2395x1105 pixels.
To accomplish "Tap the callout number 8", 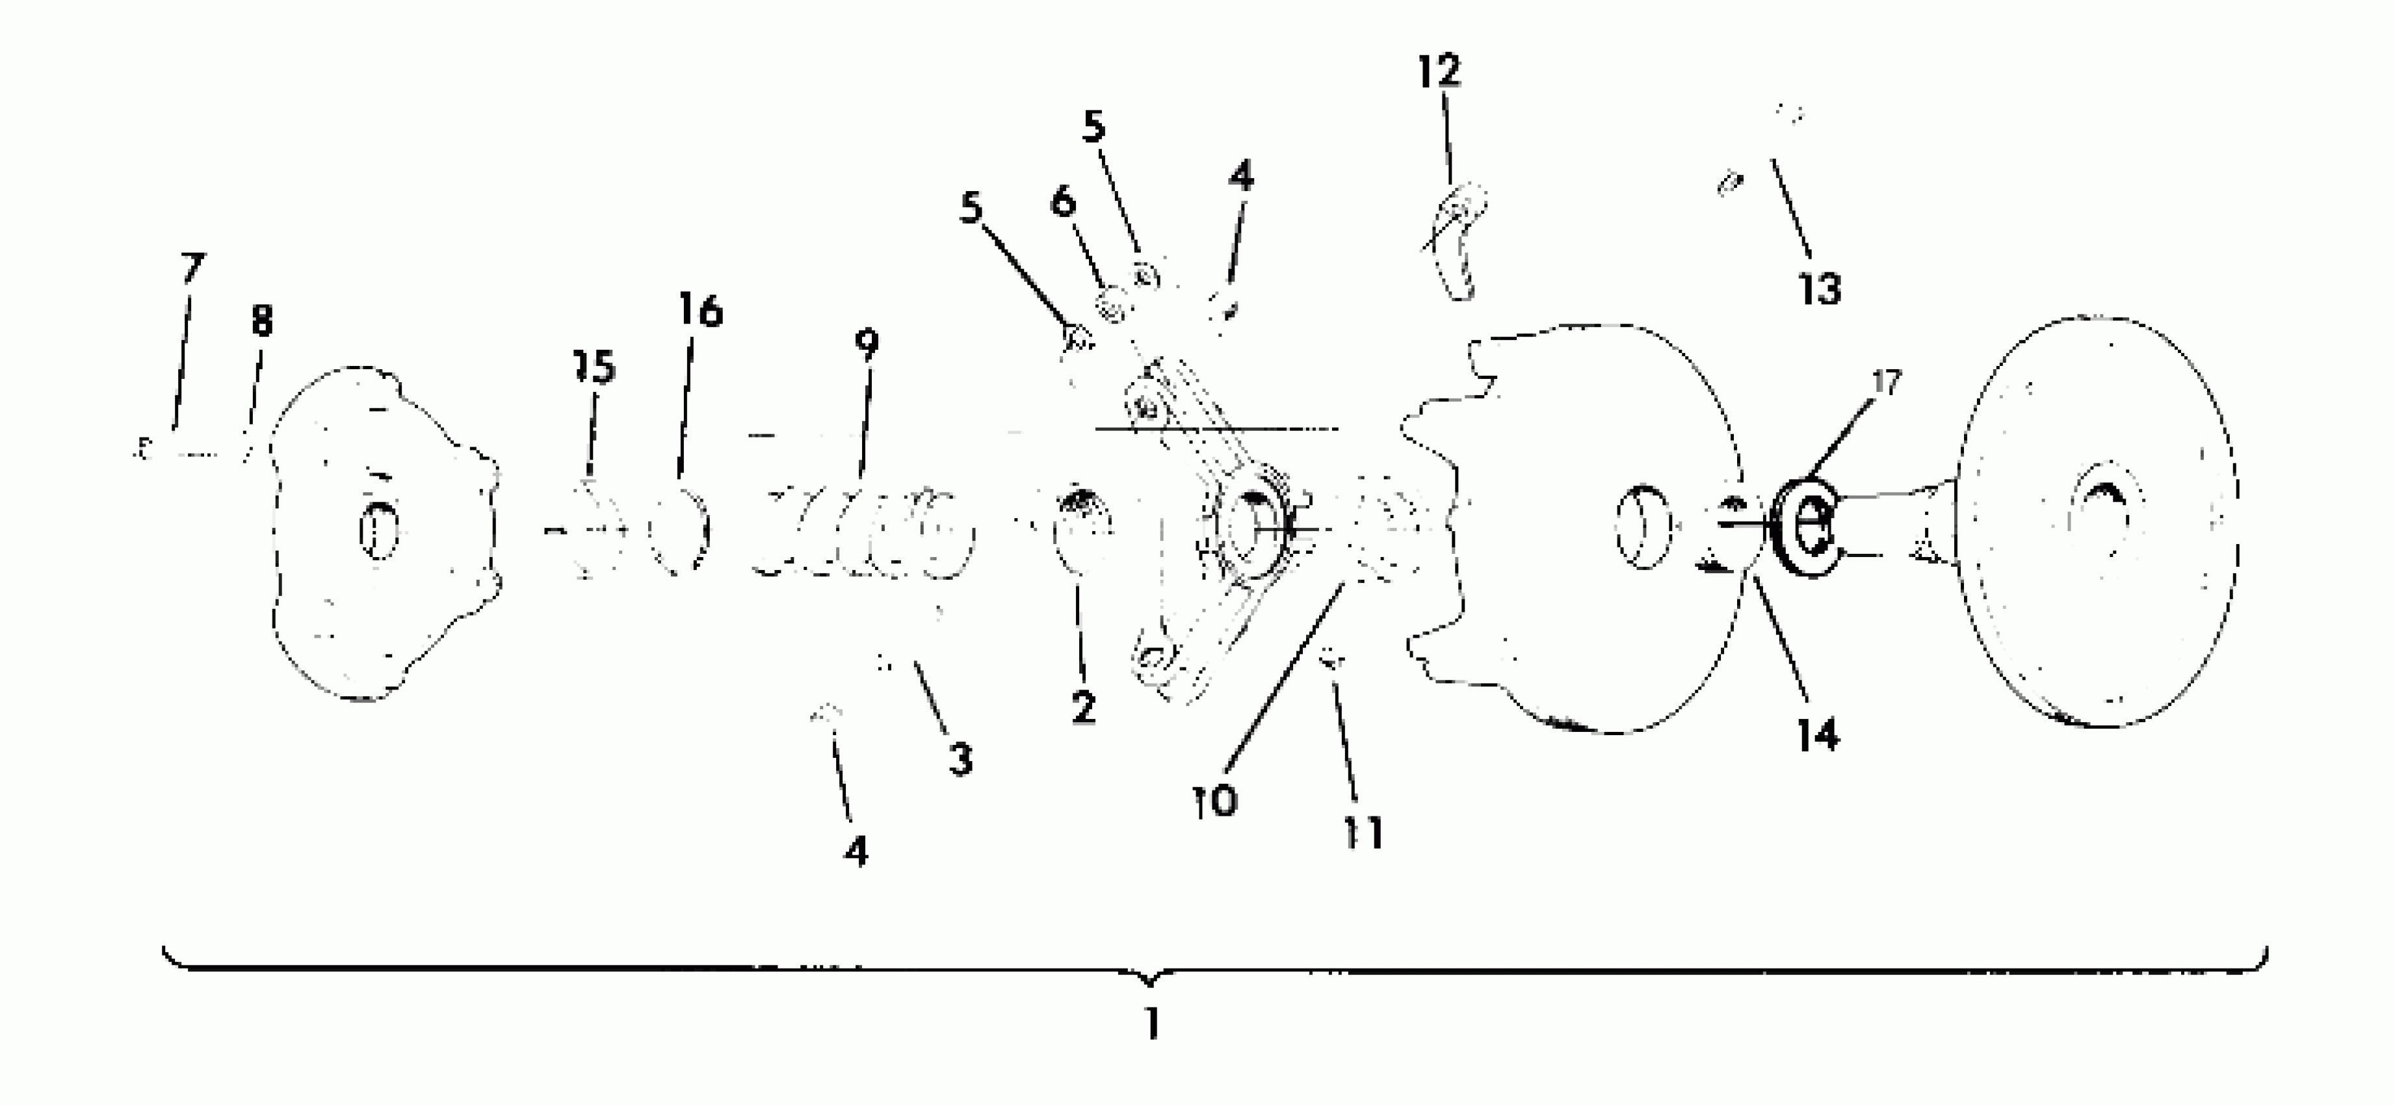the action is coord(261,322).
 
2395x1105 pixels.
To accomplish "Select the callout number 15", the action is coord(595,368).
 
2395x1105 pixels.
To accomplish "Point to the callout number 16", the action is coord(699,311).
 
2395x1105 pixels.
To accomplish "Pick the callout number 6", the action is coord(1064,201).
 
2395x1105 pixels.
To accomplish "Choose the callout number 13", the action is coord(1818,289).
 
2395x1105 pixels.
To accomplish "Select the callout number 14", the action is coord(1818,735).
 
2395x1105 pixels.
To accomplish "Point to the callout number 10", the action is coord(1215,800).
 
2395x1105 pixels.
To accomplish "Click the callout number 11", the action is coord(1363,833).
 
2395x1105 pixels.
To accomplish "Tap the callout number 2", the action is coord(1083,708).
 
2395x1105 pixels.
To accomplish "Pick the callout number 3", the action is coord(960,759).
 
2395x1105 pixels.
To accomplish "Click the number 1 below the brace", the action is coord(1152,1024).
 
